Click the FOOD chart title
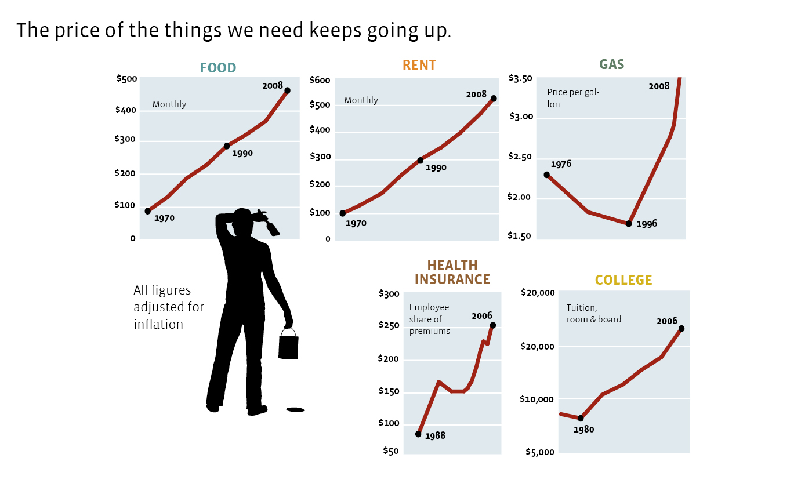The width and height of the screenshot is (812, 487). coord(218,68)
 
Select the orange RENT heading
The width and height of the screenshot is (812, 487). coord(419,65)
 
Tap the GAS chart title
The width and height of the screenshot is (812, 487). coord(611,64)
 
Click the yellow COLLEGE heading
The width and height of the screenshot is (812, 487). coord(623,281)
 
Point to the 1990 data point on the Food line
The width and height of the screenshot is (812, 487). coord(227,146)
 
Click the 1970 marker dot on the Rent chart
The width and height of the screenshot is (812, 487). coord(342,213)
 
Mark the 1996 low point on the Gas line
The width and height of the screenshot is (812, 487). coord(629,223)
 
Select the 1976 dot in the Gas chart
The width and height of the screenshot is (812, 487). coord(546,175)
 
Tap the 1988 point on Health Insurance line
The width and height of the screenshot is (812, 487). coord(418,434)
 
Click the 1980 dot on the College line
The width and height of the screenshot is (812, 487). coord(581,418)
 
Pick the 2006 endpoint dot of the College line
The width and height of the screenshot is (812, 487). coord(681,329)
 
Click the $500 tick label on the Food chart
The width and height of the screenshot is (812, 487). coord(126,79)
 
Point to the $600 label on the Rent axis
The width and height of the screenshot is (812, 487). coord(320,81)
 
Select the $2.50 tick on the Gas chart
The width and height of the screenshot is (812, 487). coord(520,158)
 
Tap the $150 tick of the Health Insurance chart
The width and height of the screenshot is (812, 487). coord(389,392)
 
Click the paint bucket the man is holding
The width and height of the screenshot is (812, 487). coord(288,347)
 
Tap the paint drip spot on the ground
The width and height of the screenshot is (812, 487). coord(295,410)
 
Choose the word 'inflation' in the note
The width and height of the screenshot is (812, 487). coord(158,325)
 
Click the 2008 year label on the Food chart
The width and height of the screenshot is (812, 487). coord(273,86)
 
